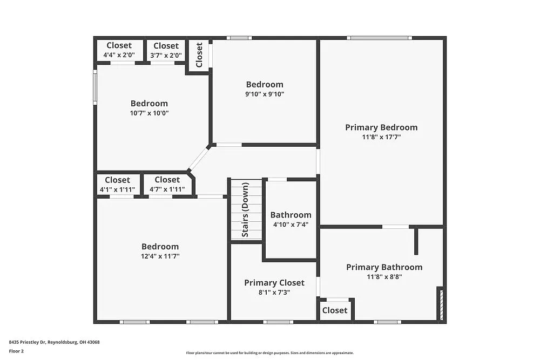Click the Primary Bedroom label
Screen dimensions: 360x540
[381, 127]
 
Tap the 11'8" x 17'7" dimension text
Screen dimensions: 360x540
[381, 137]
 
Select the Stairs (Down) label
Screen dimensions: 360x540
[245, 210]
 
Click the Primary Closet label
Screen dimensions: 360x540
[274, 283]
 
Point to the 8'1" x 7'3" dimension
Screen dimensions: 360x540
[274, 292]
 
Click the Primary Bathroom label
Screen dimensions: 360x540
[384, 267]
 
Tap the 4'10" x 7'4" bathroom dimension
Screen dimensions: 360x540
[291, 225]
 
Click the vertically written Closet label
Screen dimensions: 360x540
[199, 55]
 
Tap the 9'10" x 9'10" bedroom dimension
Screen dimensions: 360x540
[265, 94]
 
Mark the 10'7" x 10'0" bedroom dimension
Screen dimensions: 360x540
[149, 113]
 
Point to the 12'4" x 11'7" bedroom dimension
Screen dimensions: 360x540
[160, 256]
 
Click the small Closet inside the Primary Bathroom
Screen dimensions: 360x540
[335, 310]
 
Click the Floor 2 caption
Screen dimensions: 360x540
[17, 351]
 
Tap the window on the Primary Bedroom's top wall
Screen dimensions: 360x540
[379, 38]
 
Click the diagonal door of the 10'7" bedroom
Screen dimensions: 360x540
[198, 159]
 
